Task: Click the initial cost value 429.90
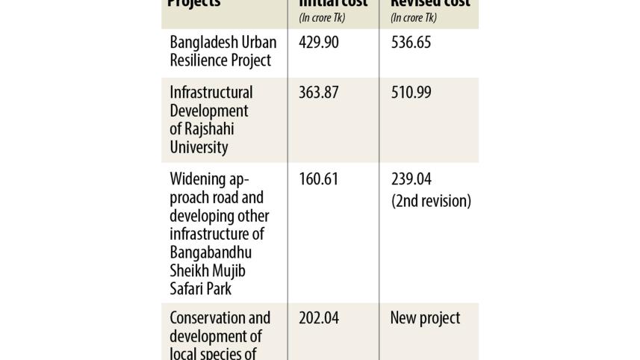pyautogui.click(x=318, y=43)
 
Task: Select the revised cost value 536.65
pyautogui.click(x=411, y=43)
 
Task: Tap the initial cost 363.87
pyautogui.click(x=318, y=93)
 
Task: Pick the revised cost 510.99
pyautogui.click(x=411, y=93)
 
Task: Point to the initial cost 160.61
pyautogui.click(x=318, y=180)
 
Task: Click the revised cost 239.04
pyautogui.click(x=411, y=180)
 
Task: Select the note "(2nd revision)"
pyautogui.click(x=431, y=201)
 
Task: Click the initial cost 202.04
pyautogui.click(x=318, y=318)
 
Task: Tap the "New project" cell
pyautogui.click(x=425, y=318)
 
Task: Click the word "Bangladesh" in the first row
pyautogui.click(x=204, y=43)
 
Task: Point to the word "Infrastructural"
pyautogui.click(x=211, y=93)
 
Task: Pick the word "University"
pyautogui.click(x=199, y=147)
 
